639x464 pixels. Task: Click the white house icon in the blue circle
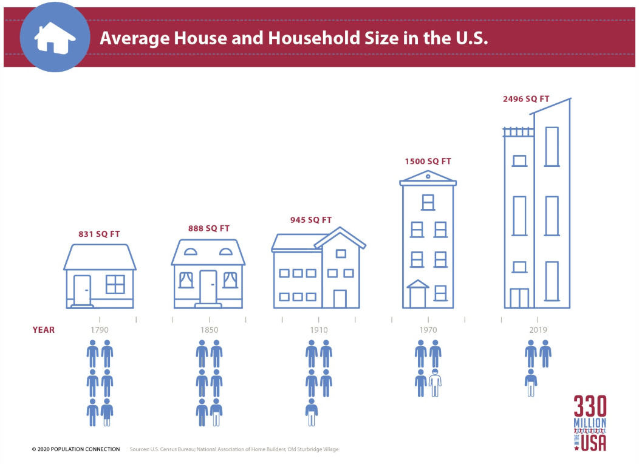[x=55, y=37]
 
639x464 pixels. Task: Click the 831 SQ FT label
[x=99, y=234]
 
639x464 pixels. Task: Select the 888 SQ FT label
[x=209, y=228]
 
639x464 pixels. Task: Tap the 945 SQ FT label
[x=311, y=220]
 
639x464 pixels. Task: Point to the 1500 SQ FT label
[x=428, y=162]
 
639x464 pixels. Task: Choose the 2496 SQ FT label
[x=526, y=98]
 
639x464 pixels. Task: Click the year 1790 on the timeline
[x=100, y=330]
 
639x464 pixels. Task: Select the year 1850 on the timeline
[x=209, y=330]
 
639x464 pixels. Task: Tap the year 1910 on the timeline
[x=319, y=330]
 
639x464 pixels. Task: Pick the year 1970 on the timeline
[x=428, y=330]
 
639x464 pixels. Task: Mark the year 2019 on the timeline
[x=538, y=330]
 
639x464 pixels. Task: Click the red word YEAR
[x=43, y=330]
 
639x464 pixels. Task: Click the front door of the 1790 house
[x=82, y=290]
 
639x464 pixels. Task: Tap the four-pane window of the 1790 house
[x=115, y=284]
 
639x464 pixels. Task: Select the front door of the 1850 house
[x=208, y=286]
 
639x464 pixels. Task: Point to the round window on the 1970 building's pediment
[x=428, y=176]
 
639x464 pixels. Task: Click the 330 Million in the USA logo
[x=590, y=423]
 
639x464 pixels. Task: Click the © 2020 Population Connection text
[x=76, y=449]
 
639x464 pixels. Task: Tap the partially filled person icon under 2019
[x=531, y=383]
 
